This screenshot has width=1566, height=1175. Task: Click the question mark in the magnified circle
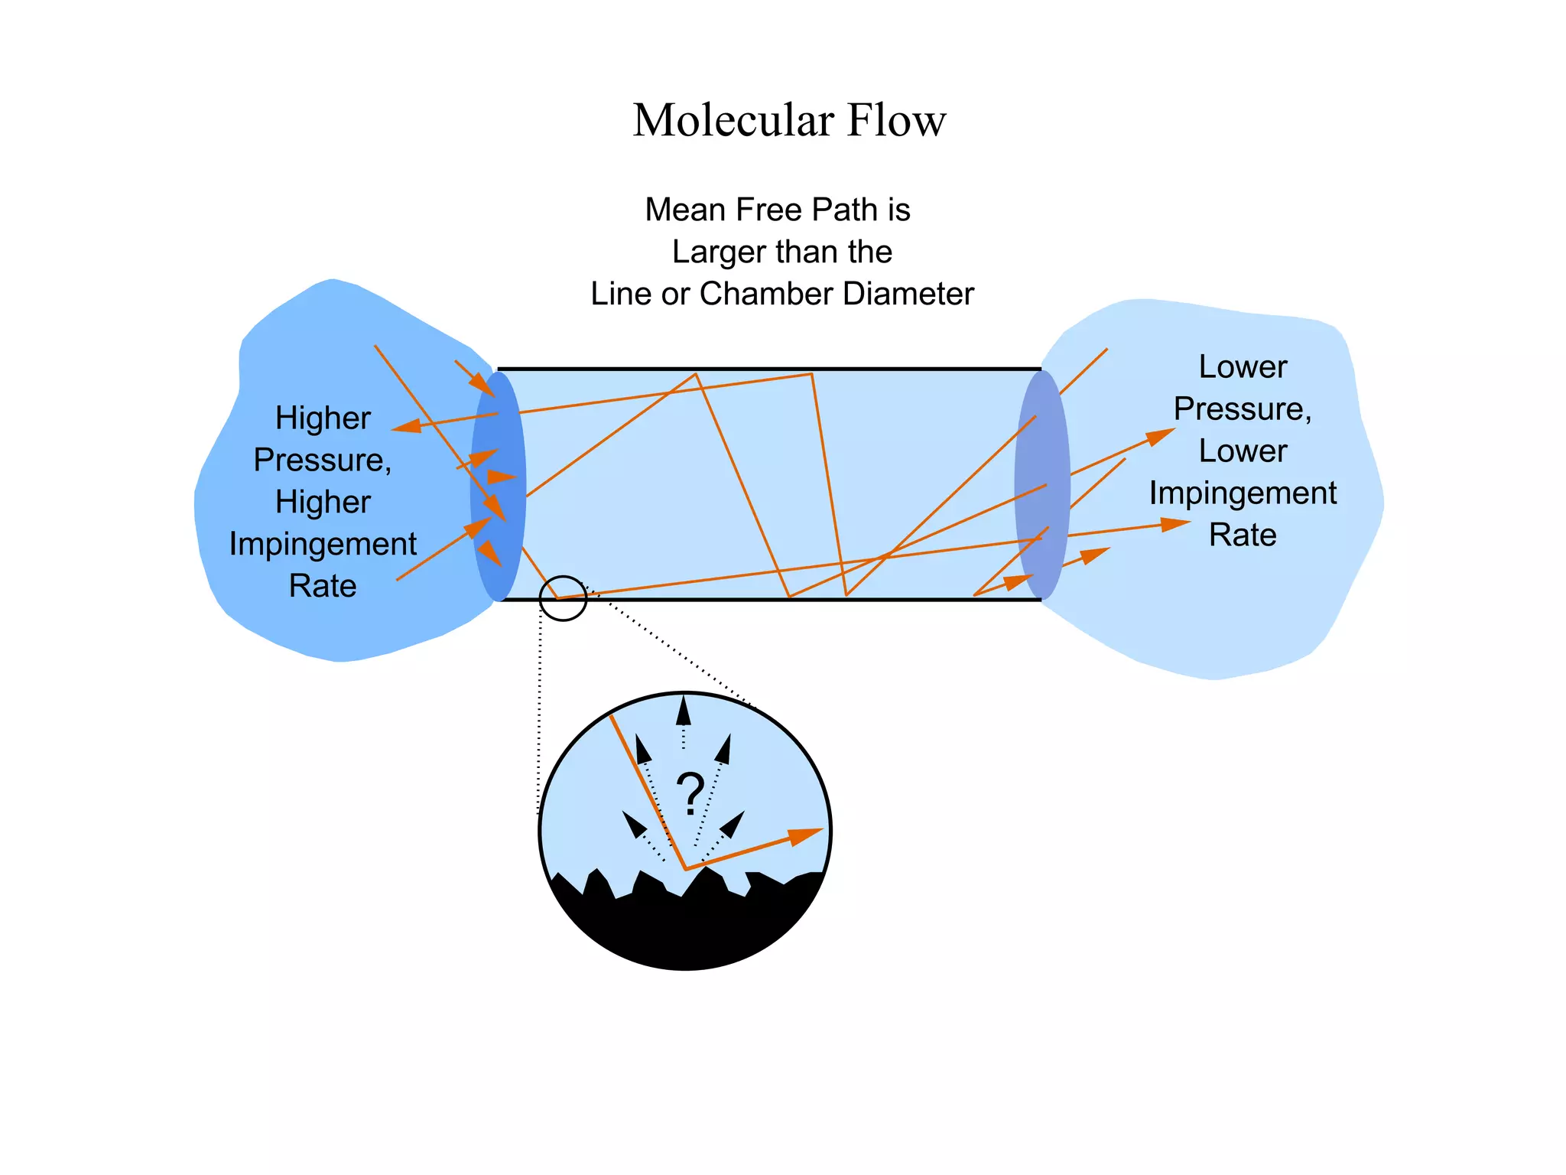coord(690,794)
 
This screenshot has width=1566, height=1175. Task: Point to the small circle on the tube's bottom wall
coord(563,598)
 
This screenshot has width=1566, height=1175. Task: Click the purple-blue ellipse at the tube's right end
coord(1041,485)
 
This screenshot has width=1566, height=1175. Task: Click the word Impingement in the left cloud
coord(323,544)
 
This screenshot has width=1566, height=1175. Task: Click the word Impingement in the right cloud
coord(1243,493)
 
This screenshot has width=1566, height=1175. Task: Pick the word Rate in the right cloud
coord(1243,535)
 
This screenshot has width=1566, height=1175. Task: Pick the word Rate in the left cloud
coord(323,586)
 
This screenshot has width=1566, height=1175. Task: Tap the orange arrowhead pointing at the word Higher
coord(407,426)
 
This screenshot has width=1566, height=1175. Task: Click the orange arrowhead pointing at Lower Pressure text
coord(1161,436)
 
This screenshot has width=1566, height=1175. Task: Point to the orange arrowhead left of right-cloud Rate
coord(1174,524)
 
